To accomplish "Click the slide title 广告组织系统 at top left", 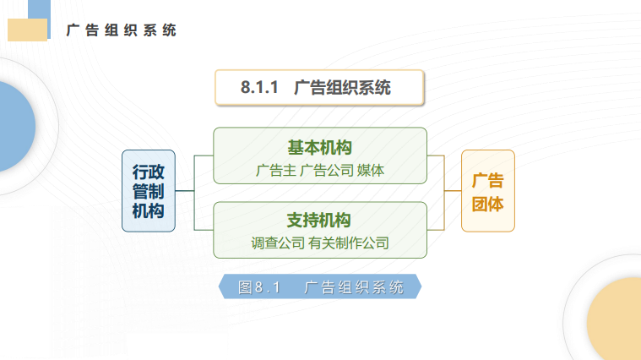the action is pos(121,30).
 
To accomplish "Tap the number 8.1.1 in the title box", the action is pos(259,87).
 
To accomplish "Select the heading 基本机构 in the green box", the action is pos(320,148).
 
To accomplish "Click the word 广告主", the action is pos(276,171).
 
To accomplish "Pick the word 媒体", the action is pos(371,171).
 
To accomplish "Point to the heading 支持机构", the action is pos(319,221).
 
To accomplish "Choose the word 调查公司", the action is pos(278,243).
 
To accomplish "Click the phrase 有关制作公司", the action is pos(349,243).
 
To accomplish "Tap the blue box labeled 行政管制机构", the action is pos(149,191).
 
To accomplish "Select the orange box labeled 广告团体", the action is pos(488,191).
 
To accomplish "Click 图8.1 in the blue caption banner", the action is pos(259,287).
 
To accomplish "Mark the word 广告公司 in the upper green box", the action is pos(327,171).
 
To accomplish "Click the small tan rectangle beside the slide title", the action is pos(27,30).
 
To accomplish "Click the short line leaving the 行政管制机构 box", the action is pos(185,191).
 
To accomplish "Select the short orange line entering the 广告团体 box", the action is pos(453,191).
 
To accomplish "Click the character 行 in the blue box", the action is pos(140,172).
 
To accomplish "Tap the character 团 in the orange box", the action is pos(480,204).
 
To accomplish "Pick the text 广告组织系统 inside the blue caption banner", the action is pos(354,287).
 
